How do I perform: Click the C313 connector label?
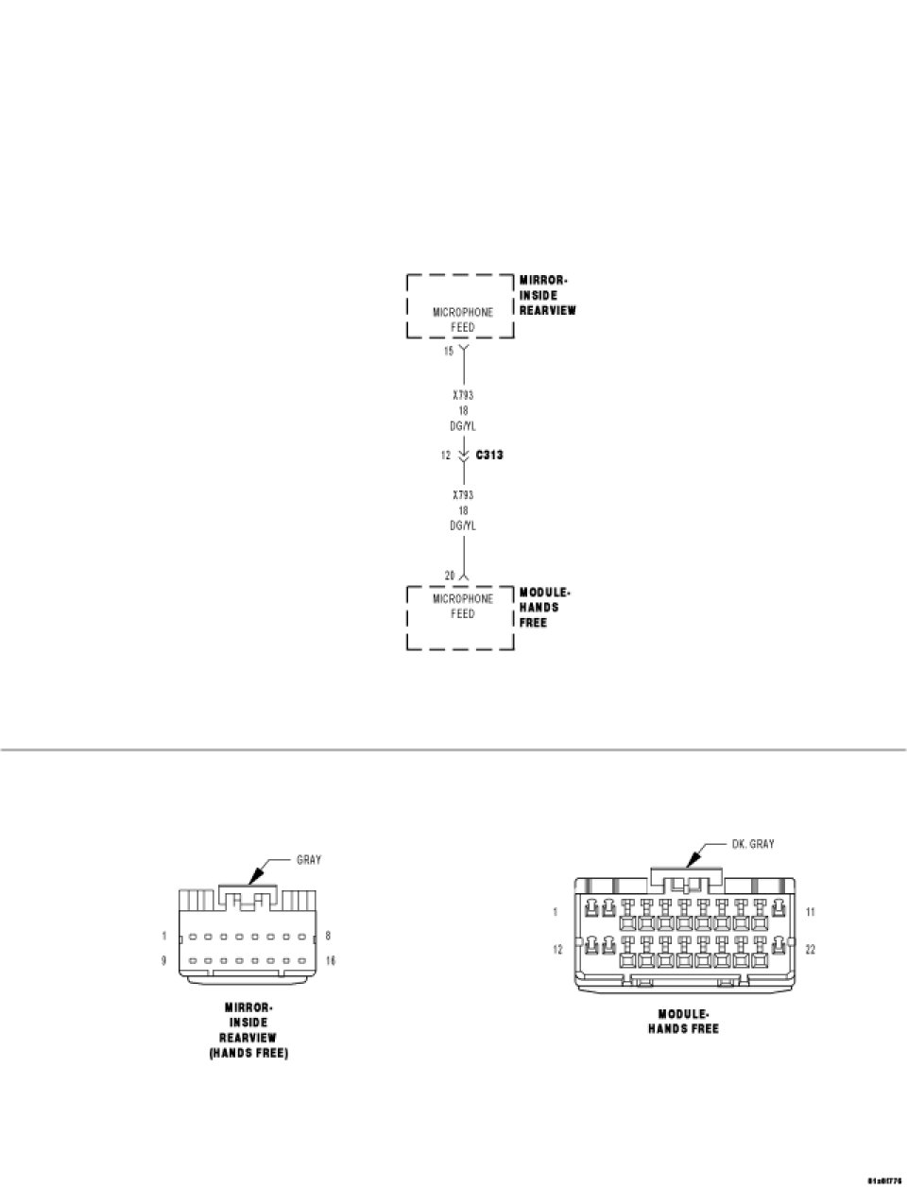[x=488, y=455]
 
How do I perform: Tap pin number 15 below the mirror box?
[x=449, y=351]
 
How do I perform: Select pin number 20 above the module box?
[x=450, y=575]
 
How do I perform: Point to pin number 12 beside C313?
[x=445, y=455]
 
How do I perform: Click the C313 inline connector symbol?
[x=463, y=455]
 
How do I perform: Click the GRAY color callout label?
[x=309, y=860]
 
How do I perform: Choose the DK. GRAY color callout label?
[x=752, y=844]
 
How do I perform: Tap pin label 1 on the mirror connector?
[x=164, y=937]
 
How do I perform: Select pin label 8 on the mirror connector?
[x=328, y=937]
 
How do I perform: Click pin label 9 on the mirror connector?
[x=164, y=961]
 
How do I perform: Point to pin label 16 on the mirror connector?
[x=330, y=961]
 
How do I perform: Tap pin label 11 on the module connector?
[x=811, y=912]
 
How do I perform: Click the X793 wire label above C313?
[x=463, y=395]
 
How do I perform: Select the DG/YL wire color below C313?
[x=463, y=525]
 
